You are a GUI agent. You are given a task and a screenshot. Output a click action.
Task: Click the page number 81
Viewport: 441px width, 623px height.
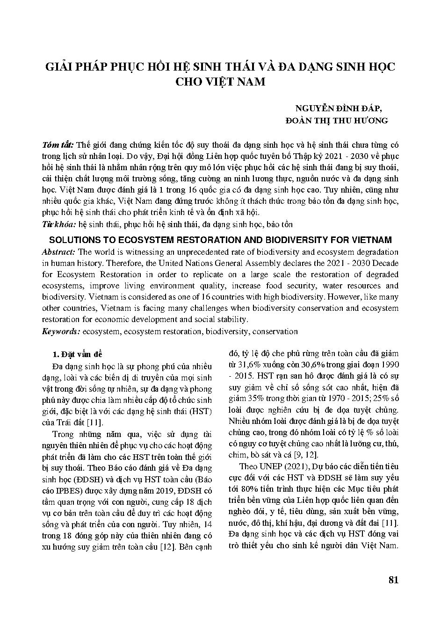click(x=393, y=580)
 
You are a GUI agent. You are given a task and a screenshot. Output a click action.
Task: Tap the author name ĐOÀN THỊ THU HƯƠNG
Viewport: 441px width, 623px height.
click(x=337, y=121)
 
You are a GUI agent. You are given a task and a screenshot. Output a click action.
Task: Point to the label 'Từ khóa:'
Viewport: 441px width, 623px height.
click(x=58, y=224)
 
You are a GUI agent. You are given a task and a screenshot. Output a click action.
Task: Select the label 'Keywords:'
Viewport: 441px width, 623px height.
click(x=61, y=331)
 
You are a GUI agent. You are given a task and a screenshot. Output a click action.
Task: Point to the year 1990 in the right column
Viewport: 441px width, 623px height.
click(x=389, y=365)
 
